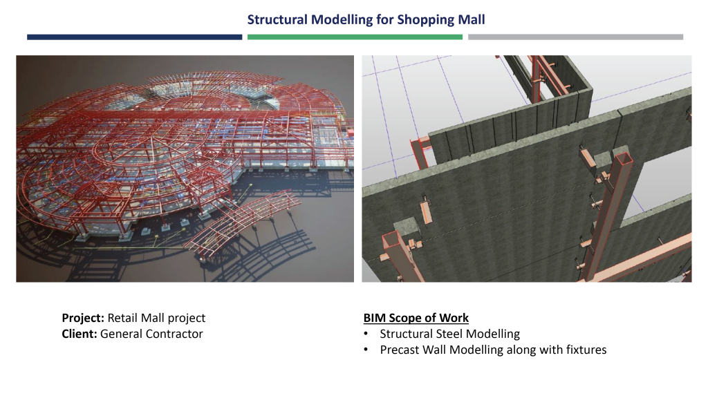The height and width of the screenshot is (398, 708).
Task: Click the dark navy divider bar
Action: click(x=134, y=37)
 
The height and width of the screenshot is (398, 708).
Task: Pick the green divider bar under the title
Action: click(x=354, y=37)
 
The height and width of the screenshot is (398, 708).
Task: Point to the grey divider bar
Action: click(x=575, y=37)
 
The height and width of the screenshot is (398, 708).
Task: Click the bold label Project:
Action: click(x=83, y=319)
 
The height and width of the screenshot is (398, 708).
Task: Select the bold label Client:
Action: click(x=80, y=334)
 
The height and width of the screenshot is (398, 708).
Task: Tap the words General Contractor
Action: click(x=152, y=334)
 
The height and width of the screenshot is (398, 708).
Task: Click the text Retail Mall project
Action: click(x=156, y=319)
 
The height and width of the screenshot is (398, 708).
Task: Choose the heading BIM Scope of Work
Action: click(x=416, y=319)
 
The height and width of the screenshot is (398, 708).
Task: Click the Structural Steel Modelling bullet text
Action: click(x=449, y=334)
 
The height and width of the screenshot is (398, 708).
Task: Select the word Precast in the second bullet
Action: click(x=400, y=350)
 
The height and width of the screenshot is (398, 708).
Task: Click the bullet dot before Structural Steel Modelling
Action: click(x=366, y=334)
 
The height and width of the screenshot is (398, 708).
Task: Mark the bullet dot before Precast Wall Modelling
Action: click(x=366, y=350)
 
